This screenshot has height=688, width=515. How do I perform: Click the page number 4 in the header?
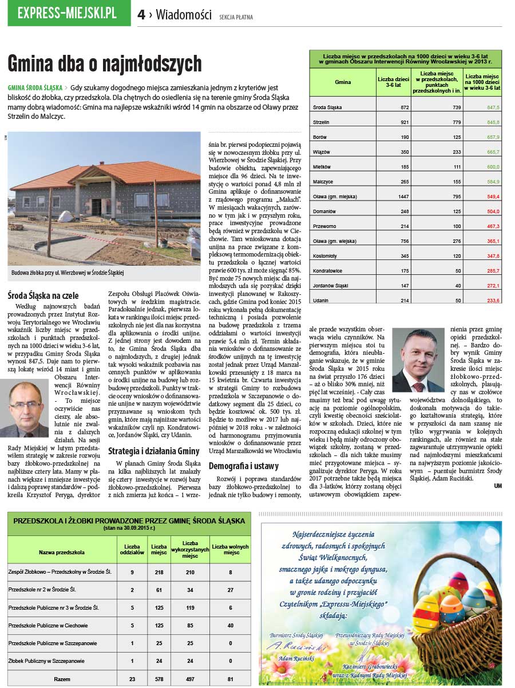pos(141,15)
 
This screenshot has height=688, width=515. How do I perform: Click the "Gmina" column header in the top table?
pos(343,82)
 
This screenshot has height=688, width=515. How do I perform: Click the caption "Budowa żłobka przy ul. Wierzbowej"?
pos(68,273)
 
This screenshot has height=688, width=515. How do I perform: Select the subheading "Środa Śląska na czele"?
pos(43,296)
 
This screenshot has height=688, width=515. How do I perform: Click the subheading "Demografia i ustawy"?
pos(243,466)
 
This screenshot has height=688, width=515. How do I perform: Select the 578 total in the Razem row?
pos(159,679)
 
